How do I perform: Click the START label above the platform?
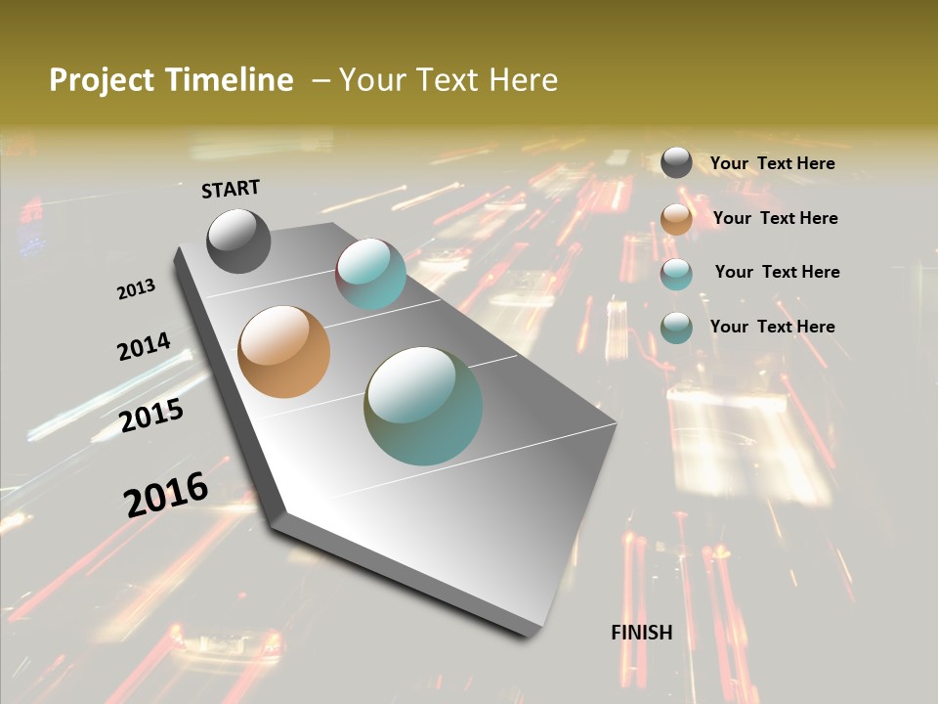click(231, 188)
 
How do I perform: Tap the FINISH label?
click(641, 633)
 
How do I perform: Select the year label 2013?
click(136, 289)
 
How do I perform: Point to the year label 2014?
click(144, 346)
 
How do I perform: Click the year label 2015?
click(151, 416)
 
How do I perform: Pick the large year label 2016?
click(166, 494)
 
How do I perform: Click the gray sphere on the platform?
click(238, 241)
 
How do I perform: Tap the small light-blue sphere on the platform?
click(370, 274)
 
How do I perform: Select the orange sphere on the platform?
click(284, 352)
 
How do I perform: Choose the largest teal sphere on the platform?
click(423, 406)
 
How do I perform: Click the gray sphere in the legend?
click(676, 162)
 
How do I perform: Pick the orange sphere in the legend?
click(676, 218)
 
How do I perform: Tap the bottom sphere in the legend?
click(676, 327)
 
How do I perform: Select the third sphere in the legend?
click(676, 273)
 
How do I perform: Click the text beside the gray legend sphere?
click(772, 163)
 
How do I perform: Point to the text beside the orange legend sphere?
click(775, 218)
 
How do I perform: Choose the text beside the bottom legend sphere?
click(772, 327)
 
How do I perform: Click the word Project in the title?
click(103, 80)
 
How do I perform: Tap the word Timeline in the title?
click(229, 80)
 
